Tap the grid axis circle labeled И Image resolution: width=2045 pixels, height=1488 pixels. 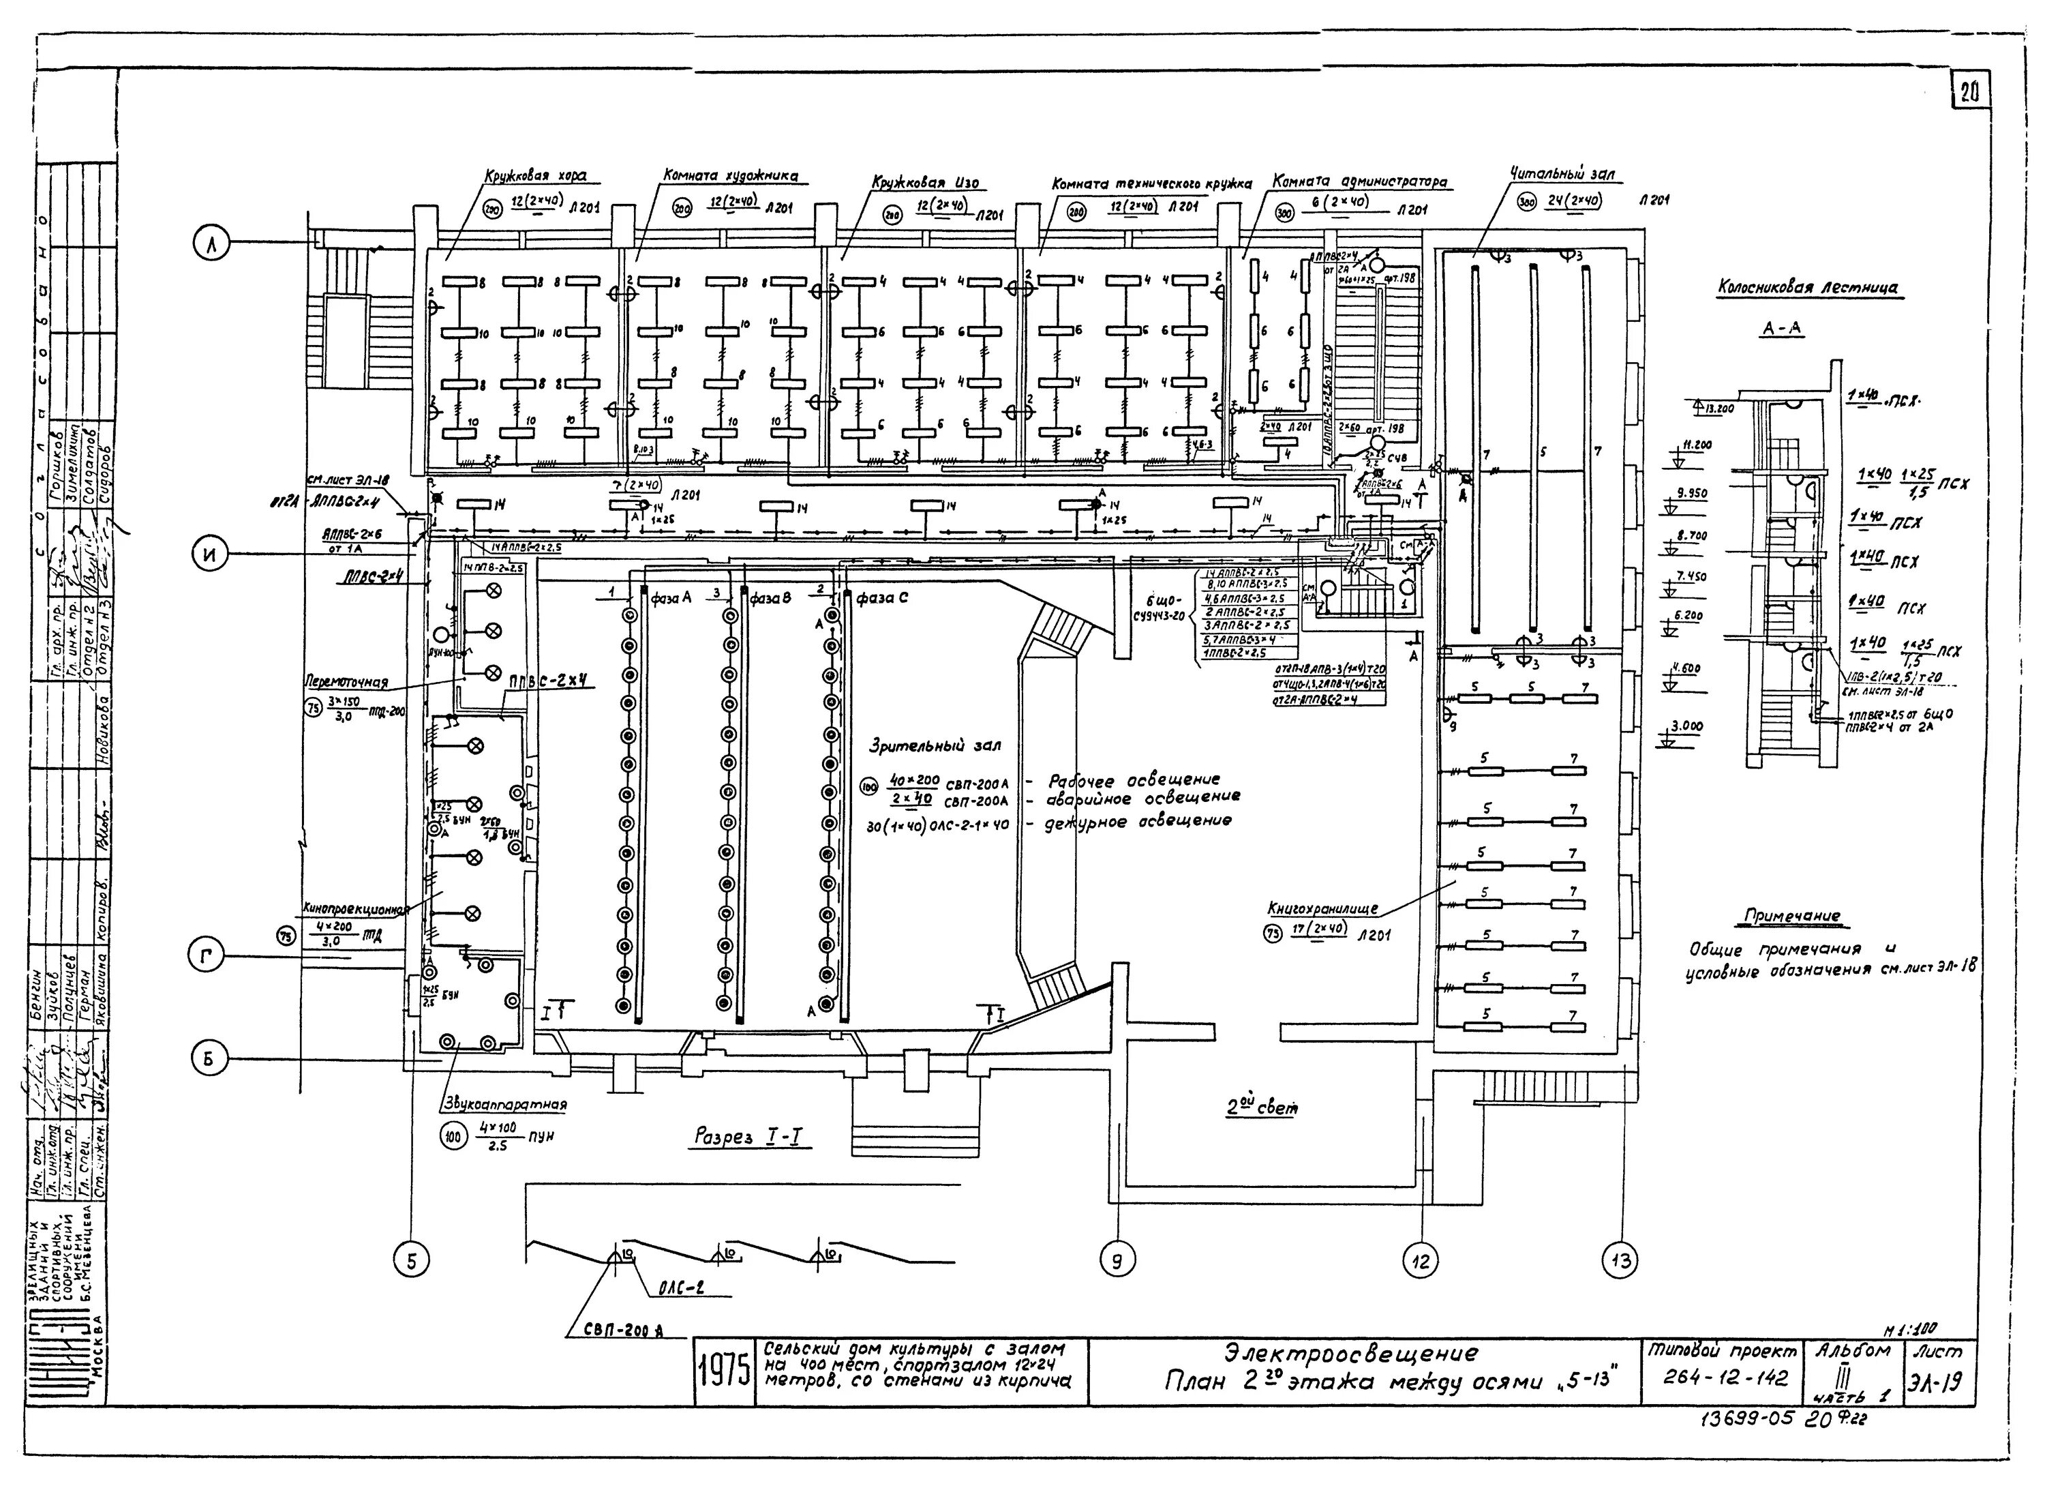point(210,556)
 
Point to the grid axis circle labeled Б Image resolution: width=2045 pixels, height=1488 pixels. point(209,1059)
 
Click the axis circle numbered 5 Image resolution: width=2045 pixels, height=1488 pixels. point(412,1262)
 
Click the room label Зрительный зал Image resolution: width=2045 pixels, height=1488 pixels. point(934,747)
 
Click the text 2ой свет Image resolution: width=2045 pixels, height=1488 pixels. point(1262,1107)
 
